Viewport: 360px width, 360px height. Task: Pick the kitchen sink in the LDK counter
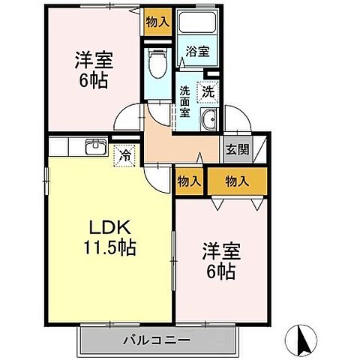tap(94, 147)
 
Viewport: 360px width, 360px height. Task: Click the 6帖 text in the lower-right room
tap(220, 271)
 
